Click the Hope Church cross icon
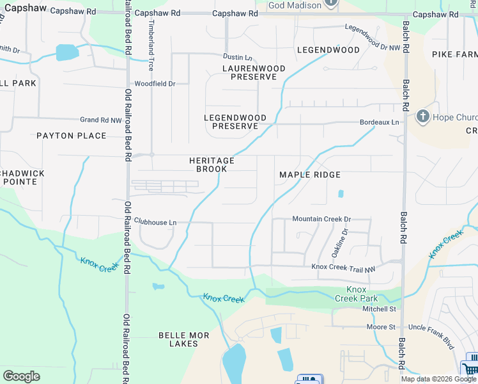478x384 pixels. point(422,116)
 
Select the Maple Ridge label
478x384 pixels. point(310,175)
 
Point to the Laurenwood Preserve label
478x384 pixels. point(249,72)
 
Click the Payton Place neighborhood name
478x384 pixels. point(71,136)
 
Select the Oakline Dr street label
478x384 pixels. point(339,243)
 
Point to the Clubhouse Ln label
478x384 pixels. point(155,223)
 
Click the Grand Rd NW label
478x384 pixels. point(100,120)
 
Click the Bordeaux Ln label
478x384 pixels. point(379,122)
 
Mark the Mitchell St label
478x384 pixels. point(380,309)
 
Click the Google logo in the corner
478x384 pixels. point(21,376)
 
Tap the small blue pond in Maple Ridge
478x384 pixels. point(341,194)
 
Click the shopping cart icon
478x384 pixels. point(470,368)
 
